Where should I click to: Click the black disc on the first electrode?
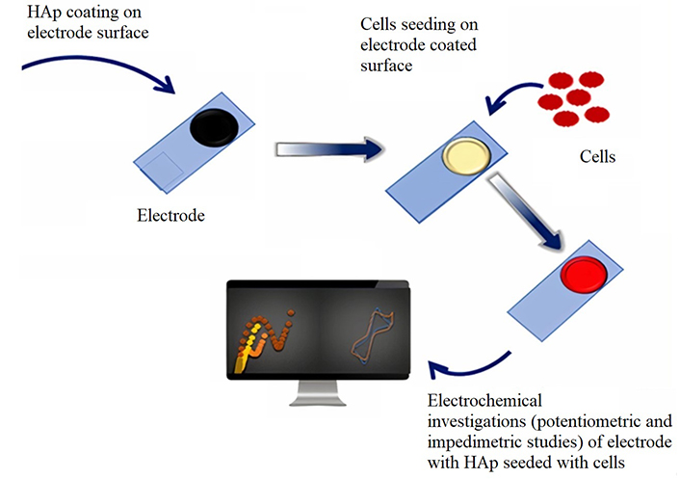(214, 127)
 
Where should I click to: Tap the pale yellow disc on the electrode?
(466, 156)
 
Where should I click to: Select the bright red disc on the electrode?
(584, 275)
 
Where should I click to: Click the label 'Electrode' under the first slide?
(170, 215)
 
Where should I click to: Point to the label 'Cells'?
(597, 157)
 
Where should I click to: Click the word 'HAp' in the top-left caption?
(44, 13)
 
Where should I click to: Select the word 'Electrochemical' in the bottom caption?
(484, 400)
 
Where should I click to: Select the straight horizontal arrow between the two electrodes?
(329, 149)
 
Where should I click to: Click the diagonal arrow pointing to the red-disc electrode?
(526, 211)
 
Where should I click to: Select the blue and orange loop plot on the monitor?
(372, 335)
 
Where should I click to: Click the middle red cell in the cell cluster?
(579, 97)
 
